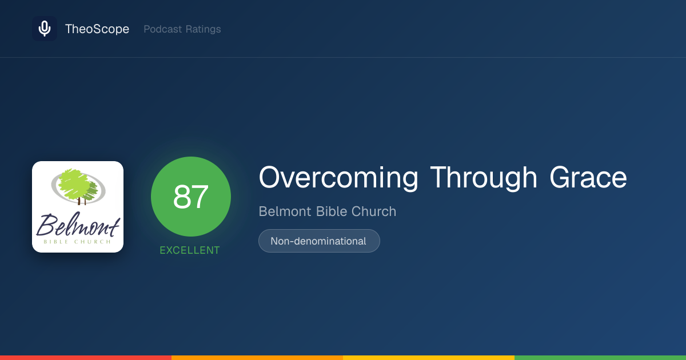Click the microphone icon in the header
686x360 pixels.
point(45,29)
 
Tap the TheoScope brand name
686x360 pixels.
point(97,29)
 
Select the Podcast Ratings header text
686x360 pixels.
point(182,29)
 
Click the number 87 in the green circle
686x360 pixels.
point(191,197)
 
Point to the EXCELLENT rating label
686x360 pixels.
point(190,250)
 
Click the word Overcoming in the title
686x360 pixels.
point(338,178)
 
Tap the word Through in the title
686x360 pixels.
point(484,178)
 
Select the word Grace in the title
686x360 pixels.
point(588,178)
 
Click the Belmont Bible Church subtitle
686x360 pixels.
point(328,211)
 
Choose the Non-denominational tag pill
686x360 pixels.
point(319,241)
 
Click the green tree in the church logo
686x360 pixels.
point(77,185)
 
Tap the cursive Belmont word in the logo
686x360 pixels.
point(78,225)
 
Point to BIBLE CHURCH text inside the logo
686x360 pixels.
point(77,242)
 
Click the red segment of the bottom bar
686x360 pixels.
point(86,358)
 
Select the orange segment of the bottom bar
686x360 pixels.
point(257,358)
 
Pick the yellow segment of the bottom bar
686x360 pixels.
point(429,358)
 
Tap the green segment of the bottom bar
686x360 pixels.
point(600,358)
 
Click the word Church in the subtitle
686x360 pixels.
point(374,211)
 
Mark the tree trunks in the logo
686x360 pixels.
point(81,201)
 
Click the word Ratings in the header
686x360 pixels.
point(204,29)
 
